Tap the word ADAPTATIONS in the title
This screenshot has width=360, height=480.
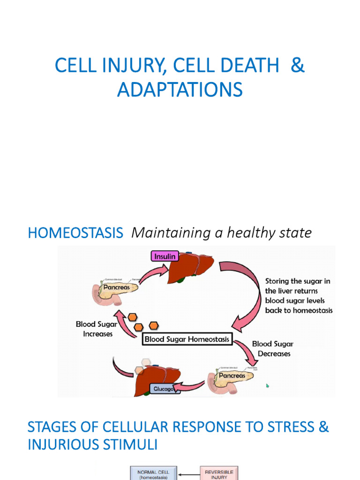180,90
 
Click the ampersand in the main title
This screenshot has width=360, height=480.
297,66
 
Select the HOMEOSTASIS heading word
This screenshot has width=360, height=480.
75,233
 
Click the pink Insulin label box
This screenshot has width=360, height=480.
165,256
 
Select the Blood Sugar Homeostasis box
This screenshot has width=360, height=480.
187,339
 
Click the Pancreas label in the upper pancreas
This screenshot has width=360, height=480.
117,287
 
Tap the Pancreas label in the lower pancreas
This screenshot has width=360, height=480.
232,375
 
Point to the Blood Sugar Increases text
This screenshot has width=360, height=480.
97,329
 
